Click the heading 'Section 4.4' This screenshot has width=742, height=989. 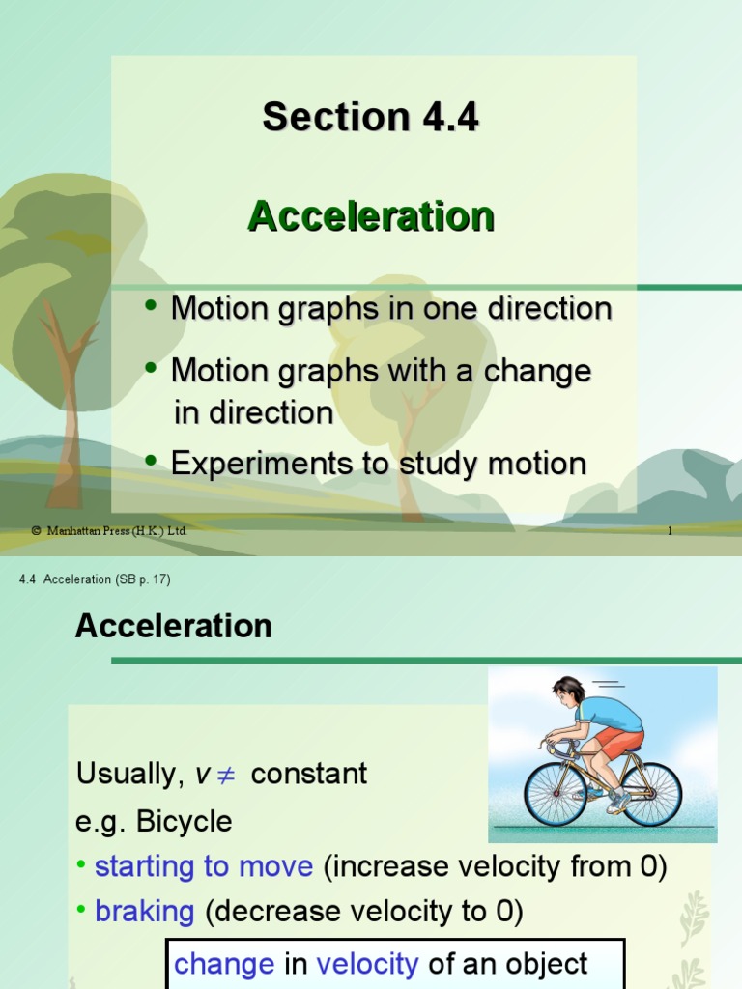pos(370,118)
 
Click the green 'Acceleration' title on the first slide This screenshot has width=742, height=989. pos(371,216)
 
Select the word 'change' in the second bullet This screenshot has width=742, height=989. pos(543,372)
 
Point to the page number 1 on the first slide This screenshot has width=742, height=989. pos(670,531)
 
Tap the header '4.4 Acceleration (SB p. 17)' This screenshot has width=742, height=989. pos(95,579)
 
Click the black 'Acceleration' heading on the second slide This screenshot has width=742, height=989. pos(174,626)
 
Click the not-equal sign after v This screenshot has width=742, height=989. pos(228,775)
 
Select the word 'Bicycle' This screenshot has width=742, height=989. pos(185,822)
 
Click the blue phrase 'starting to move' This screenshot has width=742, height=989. pos(204,866)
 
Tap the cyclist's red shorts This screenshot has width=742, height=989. pos(618,741)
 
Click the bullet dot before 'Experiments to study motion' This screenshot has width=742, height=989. pos(151,462)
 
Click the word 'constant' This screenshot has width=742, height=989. pos(309,775)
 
